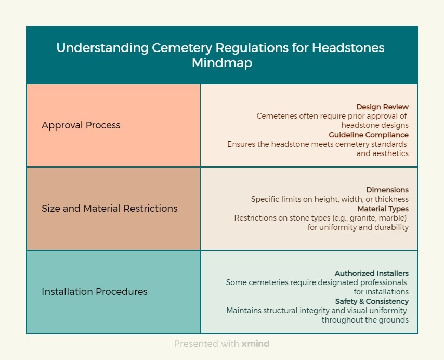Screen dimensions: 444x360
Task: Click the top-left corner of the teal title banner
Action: pyautogui.click(x=27, y=27)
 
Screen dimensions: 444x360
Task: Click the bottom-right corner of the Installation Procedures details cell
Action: pyautogui.click(x=417, y=333)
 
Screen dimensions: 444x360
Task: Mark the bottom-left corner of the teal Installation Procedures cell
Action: pyautogui.click(x=27, y=333)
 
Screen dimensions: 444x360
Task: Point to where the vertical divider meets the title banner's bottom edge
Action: pyautogui.click(x=201, y=84)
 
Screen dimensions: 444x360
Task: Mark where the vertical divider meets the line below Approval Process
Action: pyautogui.click(x=201, y=167)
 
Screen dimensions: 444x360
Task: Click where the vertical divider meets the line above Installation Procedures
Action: pyautogui.click(x=201, y=250)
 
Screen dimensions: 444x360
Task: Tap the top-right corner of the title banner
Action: pyautogui.click(x=417, y=27)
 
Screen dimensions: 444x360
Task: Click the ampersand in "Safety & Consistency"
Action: pyautogui.click(x=361, y=301)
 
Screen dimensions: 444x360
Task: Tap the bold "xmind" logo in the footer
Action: pyautogui.click(x=255, y=344)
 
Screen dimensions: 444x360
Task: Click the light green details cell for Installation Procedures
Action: pyautogui.click(x=309, y=292)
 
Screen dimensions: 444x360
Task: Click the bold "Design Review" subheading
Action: pyautogui.click(x=382, y=107)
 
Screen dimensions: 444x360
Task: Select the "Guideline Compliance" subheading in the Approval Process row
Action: pyautogui.click(x=369, y=135)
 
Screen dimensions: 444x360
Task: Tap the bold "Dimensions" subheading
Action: pyautogui.click(x=387, y=190)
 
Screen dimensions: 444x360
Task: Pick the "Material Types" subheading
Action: pyautogui.click(x=383, y=209)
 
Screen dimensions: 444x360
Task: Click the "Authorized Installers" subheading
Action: pyautogui.click(x=372, y=273)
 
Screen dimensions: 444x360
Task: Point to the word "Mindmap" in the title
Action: pyautogui.click(x=222, y=63)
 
